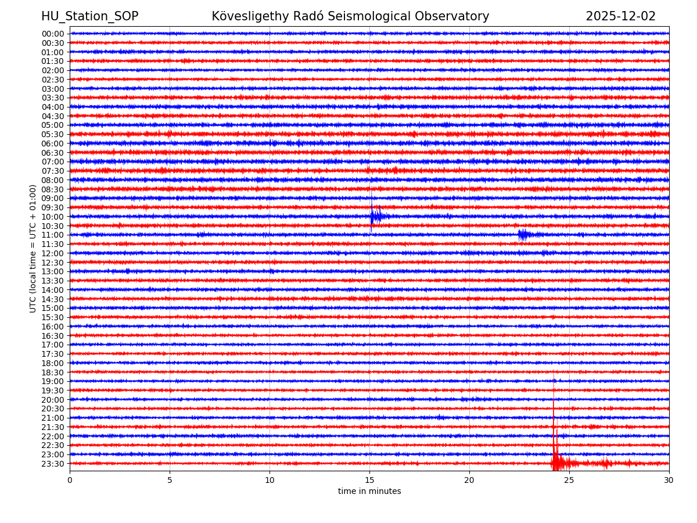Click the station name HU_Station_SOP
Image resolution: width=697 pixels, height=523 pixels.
click(89, 16)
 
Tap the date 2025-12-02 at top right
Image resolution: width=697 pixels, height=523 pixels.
click(620, 16)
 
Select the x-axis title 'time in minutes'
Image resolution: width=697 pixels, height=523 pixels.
click(369, 492)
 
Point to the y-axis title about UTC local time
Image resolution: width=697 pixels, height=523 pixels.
click(33, 248)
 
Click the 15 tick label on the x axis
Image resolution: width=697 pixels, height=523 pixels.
click(369, 481)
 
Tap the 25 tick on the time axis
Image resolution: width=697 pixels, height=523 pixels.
click(569, 481)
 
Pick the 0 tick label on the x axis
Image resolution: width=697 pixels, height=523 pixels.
click(70, 481)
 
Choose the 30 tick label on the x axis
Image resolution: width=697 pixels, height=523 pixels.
click(669, 481)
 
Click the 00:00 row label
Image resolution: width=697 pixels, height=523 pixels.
click(53, 34)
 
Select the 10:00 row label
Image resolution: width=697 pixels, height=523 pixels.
click(53, 217)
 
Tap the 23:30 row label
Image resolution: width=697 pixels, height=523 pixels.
click(53, 464)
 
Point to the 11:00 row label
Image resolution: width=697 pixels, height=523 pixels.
click(53, 235)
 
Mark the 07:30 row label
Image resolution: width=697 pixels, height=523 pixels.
click(53, 171)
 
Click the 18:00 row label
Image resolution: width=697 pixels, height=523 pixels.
click(53, 363)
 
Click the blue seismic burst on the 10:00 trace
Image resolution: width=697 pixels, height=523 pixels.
click(375, 217)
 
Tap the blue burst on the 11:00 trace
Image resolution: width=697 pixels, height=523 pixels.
click(523, 235)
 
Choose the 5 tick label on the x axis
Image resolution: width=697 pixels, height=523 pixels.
click(170, 481)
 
